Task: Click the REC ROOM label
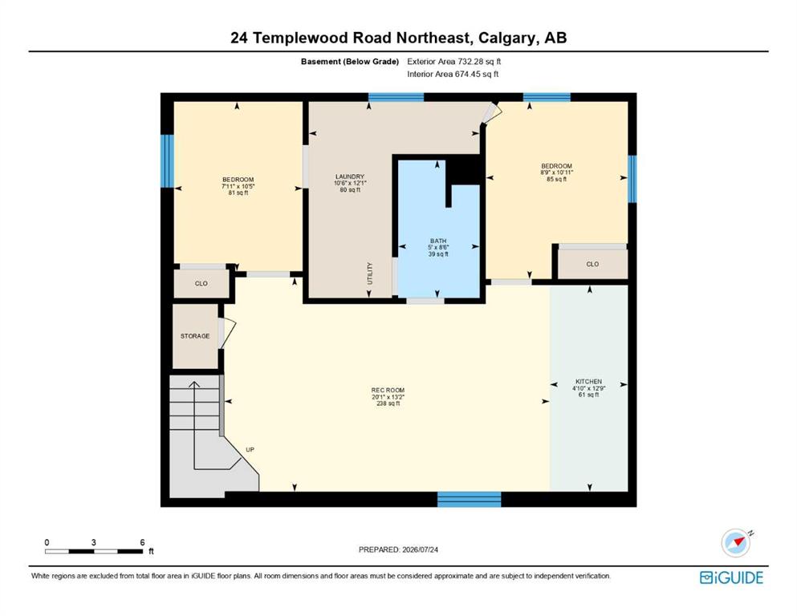pyautogui.click(x=388, y=391)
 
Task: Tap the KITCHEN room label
pyautogui.click(x=588, y=381)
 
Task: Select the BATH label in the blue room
pyautogui.click(x=438, y=241)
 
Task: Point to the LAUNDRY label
pyautogui.click(x=350, y=176)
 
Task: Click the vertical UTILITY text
pyautogui.click(x=370, y=274)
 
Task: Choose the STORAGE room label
pyautogui.click(x=195, y=336)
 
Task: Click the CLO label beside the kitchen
pyautogui.click(x=592, y=264)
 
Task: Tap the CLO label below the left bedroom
pyautogui.click(x=201, y=283)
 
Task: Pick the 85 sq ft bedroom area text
pyautogui.click(x=556, y=179)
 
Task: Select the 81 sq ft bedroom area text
pyautogui.click(x=238, y=193)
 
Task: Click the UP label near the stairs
pyautogui.click(x=250, y=449)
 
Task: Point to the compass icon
pyautogui.click(x=736, y=542)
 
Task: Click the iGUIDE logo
pyautogui.click(x=731, y=578)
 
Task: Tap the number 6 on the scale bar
pyautogui.click(x=142, y=542)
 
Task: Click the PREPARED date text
pyautogui.click(x=398, y=549)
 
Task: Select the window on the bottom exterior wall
pyautogui.click(x=470, y=499)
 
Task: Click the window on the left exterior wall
pyautogui.click(x=167, y=161)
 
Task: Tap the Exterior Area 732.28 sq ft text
pyautogui.click(x=454, y=62)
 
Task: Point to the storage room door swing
pyautogui.click(x=227, y=333)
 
